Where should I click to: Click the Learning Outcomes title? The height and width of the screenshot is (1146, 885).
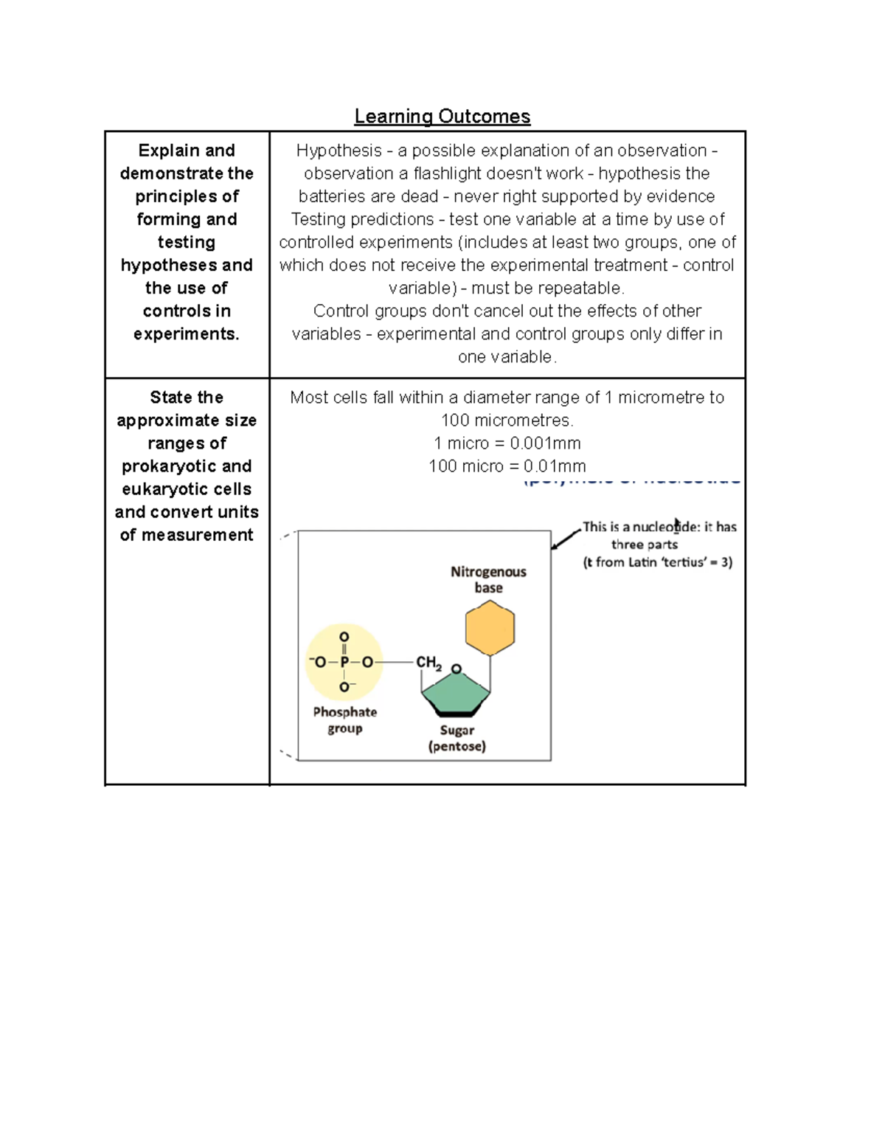pyautogui.click(x=442, y=117)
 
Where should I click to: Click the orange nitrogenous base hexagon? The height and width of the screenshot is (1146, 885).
pyautogui.click(x=490, y=628)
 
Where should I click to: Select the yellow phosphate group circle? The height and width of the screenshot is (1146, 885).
pyautogui.click(x=344, y=662)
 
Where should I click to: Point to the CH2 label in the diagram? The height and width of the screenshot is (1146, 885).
pyautogui.click(x=428, y=663)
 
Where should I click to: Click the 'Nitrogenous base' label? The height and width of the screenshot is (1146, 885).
pyautogui.click(x=488, y=579)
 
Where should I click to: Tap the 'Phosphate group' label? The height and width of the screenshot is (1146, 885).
pyautogui.click(x=344, y=720)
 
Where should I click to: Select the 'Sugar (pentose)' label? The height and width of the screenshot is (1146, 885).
pyautogui.click(x=457, y=738)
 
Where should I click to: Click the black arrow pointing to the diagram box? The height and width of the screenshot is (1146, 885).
pyautogui.click(x=566, y=538)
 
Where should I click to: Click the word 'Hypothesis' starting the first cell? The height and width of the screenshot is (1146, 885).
pyautogui.click(x=339, y=151)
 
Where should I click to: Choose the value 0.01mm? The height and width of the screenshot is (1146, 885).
pyautogui.click(x=555, y=466)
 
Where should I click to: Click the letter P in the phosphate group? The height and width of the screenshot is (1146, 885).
pyautogui.click(x=344, y=663)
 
